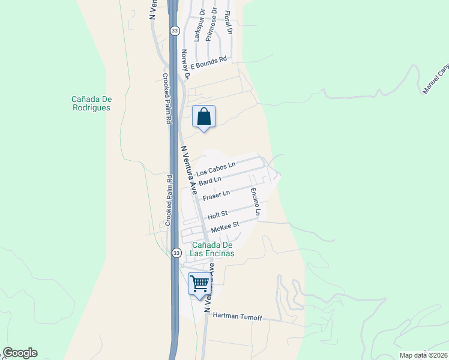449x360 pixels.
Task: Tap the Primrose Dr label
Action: (x=212, y=24)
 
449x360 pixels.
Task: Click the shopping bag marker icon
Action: (x=203, y=116)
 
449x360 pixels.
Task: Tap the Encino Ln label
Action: (x=256, y=202)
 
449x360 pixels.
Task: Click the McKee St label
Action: (x=225, y=226)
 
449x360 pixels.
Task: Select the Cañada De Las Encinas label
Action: (x=212, y=249)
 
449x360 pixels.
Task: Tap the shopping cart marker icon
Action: (x=199, y=283)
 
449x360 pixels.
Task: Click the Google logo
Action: (x=20, y=353)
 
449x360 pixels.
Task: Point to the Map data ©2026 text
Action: (x=423, y=355)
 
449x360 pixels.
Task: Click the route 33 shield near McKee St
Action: (x=176, y=253)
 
